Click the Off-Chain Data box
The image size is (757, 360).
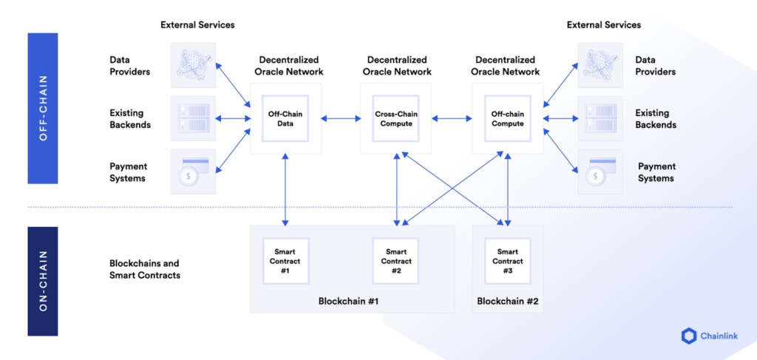click(285, 118)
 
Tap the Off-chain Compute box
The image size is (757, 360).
click(507, 118)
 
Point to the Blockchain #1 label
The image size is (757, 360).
click(348, 301)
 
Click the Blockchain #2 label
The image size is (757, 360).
click(507, 301)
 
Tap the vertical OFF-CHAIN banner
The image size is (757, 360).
click(42, 109)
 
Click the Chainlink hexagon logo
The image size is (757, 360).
click(688, 336)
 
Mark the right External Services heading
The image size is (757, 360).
click(603, 24)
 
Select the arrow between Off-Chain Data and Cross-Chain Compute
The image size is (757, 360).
click(340, 118)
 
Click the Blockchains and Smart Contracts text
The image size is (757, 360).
click(144, 269)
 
